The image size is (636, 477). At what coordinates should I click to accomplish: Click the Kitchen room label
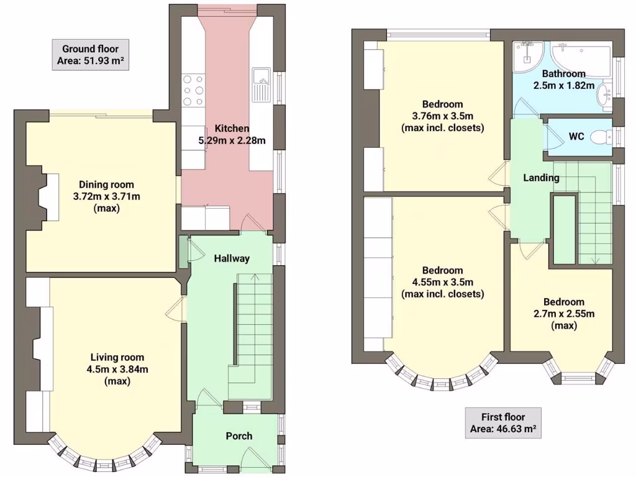(232, 129)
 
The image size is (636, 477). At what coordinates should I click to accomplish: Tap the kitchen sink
(260, 85)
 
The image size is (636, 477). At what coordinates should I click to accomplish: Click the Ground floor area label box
(90, 55)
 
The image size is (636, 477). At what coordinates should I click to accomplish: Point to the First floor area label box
(502, 423)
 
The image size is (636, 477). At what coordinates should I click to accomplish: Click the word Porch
(238, 436)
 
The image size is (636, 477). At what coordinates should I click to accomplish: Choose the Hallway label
(232, 258)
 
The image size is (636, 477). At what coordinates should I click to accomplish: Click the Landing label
(541, 178)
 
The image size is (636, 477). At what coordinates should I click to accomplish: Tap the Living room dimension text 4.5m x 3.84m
(117, 370)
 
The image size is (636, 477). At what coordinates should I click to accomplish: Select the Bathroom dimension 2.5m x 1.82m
(563, 85)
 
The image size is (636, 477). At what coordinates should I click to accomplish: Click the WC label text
(576, 136)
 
